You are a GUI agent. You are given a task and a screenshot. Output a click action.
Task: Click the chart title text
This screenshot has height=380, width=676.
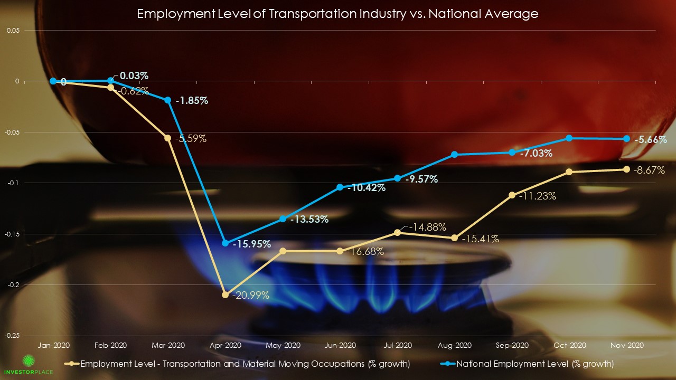click(337, 14)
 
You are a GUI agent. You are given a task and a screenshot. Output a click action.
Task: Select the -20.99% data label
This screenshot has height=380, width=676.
click(250, 296)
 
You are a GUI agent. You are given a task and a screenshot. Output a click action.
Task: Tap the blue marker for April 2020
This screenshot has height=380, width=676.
click(226, 243)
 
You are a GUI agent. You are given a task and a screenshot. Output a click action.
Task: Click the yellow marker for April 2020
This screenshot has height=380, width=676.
click(226, 295)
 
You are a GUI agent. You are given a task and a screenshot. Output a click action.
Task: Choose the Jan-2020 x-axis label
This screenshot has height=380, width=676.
click(53, 345)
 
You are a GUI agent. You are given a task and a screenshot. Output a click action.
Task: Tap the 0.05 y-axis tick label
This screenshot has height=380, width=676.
click(13, 31)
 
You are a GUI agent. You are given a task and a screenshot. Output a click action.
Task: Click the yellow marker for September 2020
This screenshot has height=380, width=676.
click(512, 195)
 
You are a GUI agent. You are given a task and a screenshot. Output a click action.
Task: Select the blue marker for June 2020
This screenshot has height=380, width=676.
click(340, 187)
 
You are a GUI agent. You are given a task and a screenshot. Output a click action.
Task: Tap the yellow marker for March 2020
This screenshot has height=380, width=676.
click(168, 138)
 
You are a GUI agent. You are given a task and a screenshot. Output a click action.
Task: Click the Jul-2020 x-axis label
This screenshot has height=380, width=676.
click(397, 345)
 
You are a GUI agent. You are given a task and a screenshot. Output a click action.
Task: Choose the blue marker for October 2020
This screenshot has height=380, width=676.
click(569, 138)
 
